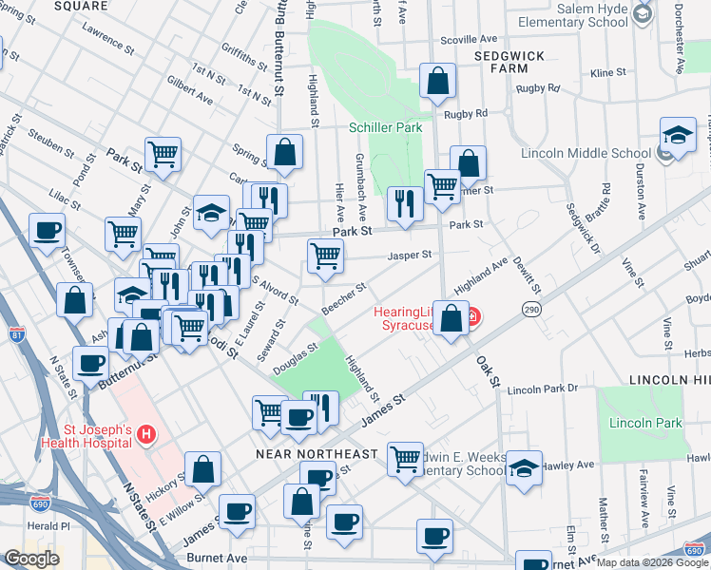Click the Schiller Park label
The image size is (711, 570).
385,127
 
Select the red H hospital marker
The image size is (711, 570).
145,436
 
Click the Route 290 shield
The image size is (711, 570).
530,310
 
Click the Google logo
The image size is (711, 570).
31,559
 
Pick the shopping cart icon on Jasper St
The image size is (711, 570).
325,256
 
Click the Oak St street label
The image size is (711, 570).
488,371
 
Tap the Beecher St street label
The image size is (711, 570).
344,298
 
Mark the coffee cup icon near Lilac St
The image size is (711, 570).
47,230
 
